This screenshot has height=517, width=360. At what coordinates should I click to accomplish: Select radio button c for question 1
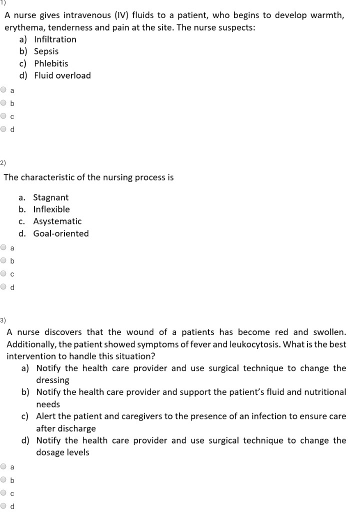click(x=4, y=116)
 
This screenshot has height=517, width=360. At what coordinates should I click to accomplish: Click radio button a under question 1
click(x=4, y=90)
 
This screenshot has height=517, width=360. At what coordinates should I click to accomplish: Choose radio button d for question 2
click(x=4, y=287)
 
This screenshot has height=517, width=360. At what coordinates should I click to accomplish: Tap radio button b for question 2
click(x=4, y=260)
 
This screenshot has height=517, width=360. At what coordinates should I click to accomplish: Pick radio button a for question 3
click(x=4, y=467)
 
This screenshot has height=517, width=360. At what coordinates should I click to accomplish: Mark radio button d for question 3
click(x=4, y=506)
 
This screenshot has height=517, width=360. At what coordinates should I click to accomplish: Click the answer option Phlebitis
click(x=51, y=63)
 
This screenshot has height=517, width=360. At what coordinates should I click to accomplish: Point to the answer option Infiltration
click(x=55, y=39)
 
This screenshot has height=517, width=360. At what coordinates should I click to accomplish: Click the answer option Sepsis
click(x=46, y=51)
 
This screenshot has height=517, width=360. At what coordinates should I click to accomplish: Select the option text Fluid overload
click(x=62, y=75)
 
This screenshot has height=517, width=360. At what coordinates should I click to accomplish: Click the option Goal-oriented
click(x=61, y=233)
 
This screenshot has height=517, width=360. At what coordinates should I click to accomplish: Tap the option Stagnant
click(x=50, y=197)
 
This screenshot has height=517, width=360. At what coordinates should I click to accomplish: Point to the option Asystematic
click(x=57, y=221)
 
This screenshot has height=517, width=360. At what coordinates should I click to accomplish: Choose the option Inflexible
click(x=51, y=209)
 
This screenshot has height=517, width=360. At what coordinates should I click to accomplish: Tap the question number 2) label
click(x=3, y=163)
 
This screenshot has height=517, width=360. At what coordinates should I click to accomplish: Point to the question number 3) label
click(x=3, y=319)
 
